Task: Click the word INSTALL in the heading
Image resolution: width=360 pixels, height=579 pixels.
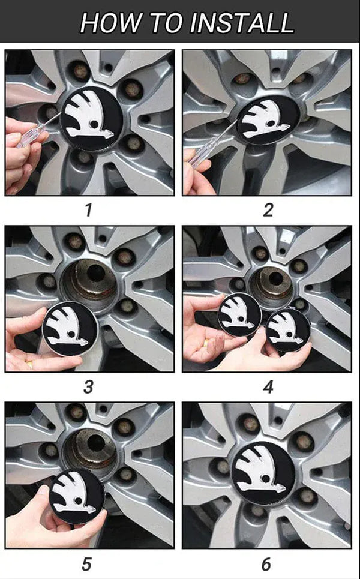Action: [241, 22]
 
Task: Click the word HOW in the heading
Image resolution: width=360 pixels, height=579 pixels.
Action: [106, 22]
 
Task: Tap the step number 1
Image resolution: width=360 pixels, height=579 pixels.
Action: [88, 211]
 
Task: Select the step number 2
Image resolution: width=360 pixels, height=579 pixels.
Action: [268, 211]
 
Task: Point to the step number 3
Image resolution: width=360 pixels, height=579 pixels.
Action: [88, 388]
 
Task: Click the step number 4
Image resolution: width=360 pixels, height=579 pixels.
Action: [268, 388]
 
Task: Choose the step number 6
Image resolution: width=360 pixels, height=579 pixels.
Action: [266, 564]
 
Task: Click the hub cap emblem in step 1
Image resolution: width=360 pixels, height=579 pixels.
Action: [92, 119]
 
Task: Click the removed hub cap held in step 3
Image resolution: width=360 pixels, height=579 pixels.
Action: [70, 328]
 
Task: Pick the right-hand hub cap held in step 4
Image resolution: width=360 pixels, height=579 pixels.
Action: [288, 330]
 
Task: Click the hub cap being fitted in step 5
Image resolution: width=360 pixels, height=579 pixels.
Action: [77, 497]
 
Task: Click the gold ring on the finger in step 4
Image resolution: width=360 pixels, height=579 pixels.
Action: [206, 343]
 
